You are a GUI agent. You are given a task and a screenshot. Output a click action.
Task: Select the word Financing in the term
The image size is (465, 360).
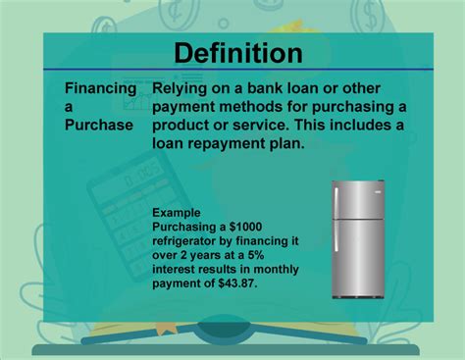tap(100, 88)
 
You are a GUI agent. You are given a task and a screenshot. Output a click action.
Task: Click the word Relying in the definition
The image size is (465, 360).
tap(181, 88)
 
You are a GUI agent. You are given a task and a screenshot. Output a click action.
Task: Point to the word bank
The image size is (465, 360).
tap(268, 88)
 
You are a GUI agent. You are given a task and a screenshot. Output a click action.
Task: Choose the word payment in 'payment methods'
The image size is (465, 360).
tap(185, 106)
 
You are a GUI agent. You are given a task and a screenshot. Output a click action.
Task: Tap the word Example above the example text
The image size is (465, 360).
tap(177, 213)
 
